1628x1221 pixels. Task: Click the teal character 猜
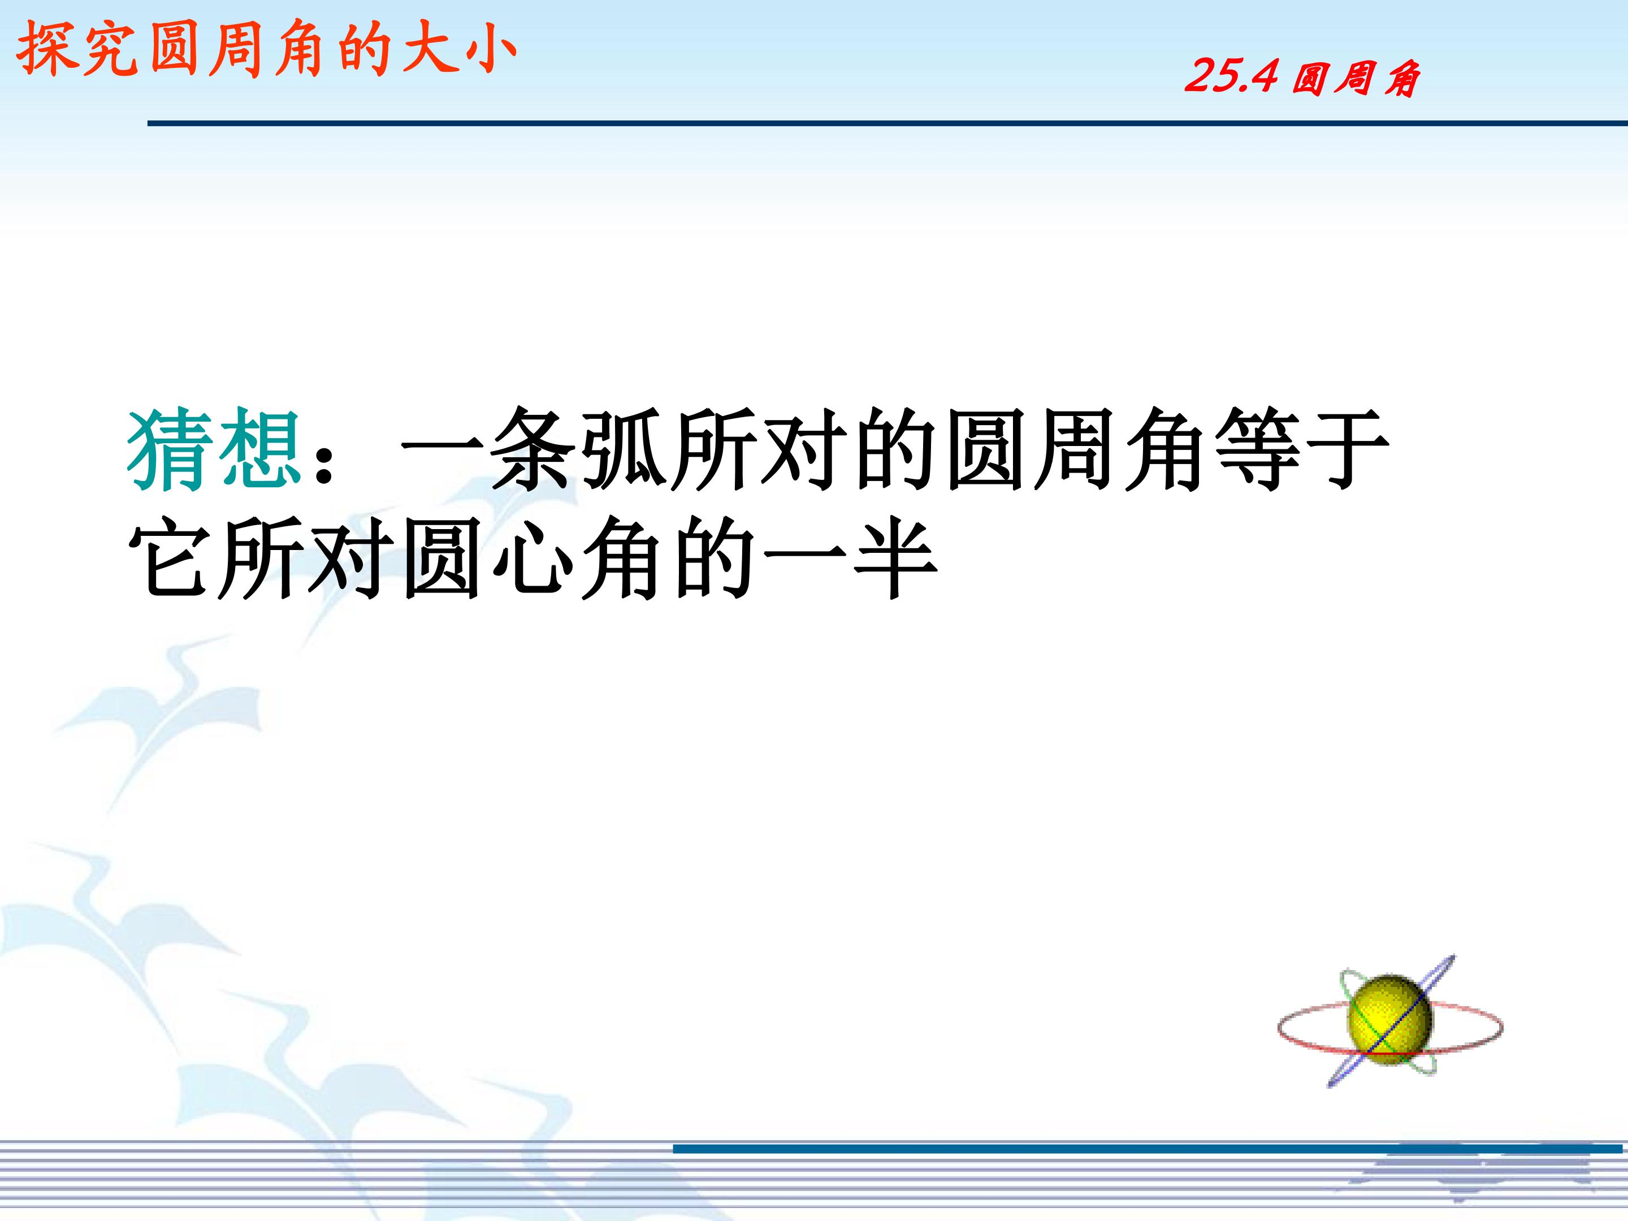click(171, 451)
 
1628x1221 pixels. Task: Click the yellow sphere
click(1390, 1022)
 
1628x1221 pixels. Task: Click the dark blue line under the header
click(887, 123)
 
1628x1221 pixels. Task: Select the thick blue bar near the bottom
click(1148, 1148)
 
